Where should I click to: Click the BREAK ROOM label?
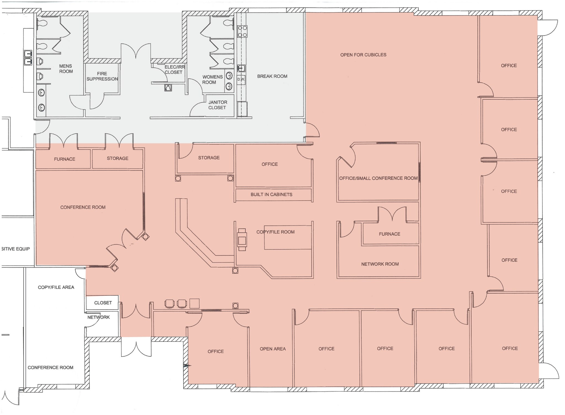pos(272,76)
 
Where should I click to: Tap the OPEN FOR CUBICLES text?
pos(363,55)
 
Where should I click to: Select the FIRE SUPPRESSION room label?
pos(102,76)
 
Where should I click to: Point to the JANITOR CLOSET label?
pos(217,105)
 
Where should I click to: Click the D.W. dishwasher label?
pos(241,79)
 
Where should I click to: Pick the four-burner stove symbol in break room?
pos(242,31)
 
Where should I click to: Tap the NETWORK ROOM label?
pos(380,264)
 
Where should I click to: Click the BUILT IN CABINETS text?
pos(271,195)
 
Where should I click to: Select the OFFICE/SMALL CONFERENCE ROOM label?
pos(378,178)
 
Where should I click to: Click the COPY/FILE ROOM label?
pos(275,232)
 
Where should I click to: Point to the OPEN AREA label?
pos(273,349)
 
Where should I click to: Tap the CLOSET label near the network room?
pos(103,303)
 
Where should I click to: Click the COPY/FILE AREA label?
pos(56,287)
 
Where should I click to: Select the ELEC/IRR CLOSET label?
pos(174,70)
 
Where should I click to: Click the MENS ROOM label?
pos(66,69)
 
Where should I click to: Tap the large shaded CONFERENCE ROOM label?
pos(83,207)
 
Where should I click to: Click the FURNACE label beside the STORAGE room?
pos(64,159)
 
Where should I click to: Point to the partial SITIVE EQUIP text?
pos(15,249)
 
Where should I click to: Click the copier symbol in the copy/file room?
pos(242,240)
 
